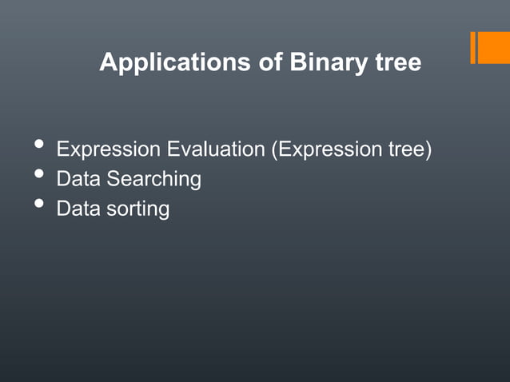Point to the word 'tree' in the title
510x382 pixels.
(398, 63)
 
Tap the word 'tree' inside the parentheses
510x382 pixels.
(407, 149)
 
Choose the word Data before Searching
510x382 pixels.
(78, 179)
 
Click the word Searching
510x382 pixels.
(153, 180)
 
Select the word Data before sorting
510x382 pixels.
(78, 209)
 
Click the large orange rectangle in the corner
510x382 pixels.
(494, 47)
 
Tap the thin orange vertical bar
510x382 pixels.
(473, 47)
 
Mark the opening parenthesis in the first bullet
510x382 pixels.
(276, 150)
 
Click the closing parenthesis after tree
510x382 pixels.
(428, 150)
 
